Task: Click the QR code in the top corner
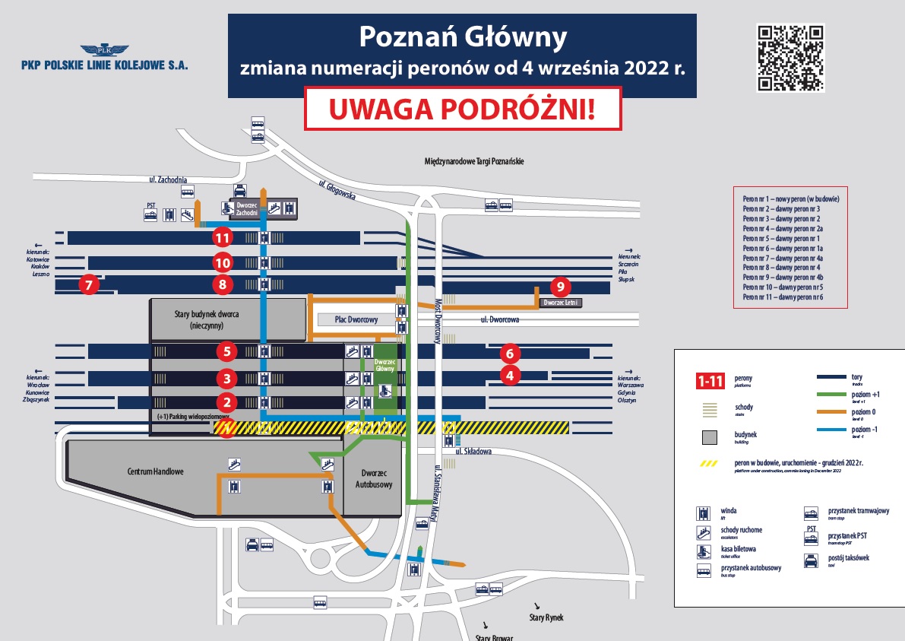coord(790,58)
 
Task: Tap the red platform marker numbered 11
coord(222,237)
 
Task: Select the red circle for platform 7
coord(89,286)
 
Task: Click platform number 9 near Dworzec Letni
coord(560,287)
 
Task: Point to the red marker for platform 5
coord(226,351)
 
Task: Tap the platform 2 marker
coord(226,402)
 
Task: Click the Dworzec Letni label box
coord(560,303)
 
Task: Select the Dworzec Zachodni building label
coord(248,209)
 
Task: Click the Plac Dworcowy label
coord(356,319)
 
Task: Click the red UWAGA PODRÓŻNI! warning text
coord(462,109)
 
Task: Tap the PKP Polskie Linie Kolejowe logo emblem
coord(104,50)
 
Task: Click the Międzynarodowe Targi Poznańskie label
coord(475,161)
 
